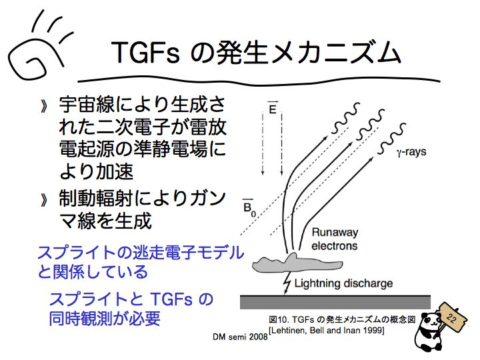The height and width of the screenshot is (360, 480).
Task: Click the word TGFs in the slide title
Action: pyautogui.click(x=145, y=52)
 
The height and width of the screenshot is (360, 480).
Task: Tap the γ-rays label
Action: pyautogui.click(x=411, y=151)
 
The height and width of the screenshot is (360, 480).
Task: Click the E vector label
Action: pyautogui.click(x=273, y=107)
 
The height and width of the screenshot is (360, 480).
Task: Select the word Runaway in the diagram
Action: pyautogui.click(x=335, y=233)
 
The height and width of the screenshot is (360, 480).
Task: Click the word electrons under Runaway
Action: pyautogui.click(x=335, y=246)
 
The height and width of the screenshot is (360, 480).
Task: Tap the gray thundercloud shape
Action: pyautogui.click(x=297, y=263)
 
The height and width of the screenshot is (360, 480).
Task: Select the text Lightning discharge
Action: pyautogui.click(x=343, y=283)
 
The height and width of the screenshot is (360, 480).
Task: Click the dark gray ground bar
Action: pyautogui.click(x=335, y=303)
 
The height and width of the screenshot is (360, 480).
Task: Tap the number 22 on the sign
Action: pyautogui.click(x=451, y=318)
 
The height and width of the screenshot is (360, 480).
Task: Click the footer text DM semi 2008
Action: pyautogui.click(x=240, y=337)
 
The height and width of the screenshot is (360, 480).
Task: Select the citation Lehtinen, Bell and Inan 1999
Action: pyautogui.click(x=326, y=331)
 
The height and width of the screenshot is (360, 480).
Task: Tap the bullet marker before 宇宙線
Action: pyautogui.click(x=44, y=107)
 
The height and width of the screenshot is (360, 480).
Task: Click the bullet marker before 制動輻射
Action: pyautogui.click(x=44, y=200)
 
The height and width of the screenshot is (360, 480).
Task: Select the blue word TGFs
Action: pyautogui.click(x=172, y=299)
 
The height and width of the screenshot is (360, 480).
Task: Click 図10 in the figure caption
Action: pyautogui.click(x=279, y=319)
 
